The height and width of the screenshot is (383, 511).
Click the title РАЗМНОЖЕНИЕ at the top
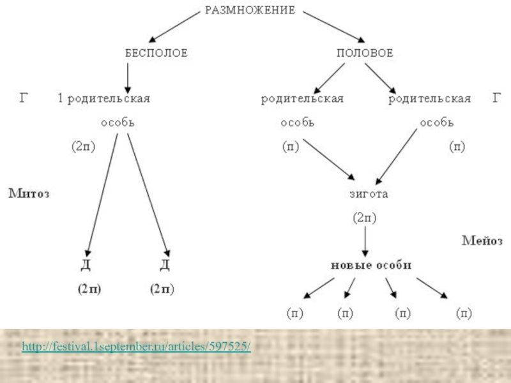pos(250,10)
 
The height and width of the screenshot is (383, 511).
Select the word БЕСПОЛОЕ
pos(156,54)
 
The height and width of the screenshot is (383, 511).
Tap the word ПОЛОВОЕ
pos(365,54)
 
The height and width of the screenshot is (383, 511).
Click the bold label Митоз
pos(29,192)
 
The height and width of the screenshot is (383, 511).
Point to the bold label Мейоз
pos(482,241)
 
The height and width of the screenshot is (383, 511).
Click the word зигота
pos(369,193)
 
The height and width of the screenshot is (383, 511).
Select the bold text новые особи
pos(371,265)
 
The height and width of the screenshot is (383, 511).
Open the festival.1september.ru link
pos(136,347)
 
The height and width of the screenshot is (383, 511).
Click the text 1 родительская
pos(104,99)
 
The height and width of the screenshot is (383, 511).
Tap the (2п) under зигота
pos(365,218)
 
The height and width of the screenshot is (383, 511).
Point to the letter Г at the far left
pos(24,98)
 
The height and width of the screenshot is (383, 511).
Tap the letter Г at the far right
pos(497,98)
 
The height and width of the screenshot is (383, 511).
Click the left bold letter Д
pos(86,266)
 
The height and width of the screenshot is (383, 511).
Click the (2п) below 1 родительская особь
pos(83,147)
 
